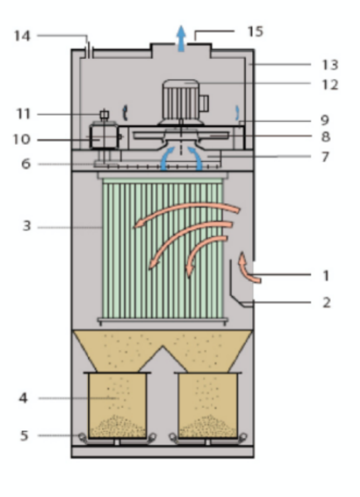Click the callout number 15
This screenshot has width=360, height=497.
point(255,31)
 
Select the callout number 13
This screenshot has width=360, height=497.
point(329,64)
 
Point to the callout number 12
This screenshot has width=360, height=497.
point(329,84)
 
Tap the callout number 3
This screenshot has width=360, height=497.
point(26,226)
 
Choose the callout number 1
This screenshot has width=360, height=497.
point(326,274)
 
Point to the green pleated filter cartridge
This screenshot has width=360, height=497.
point(162,250)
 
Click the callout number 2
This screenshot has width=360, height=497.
point(326,302)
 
